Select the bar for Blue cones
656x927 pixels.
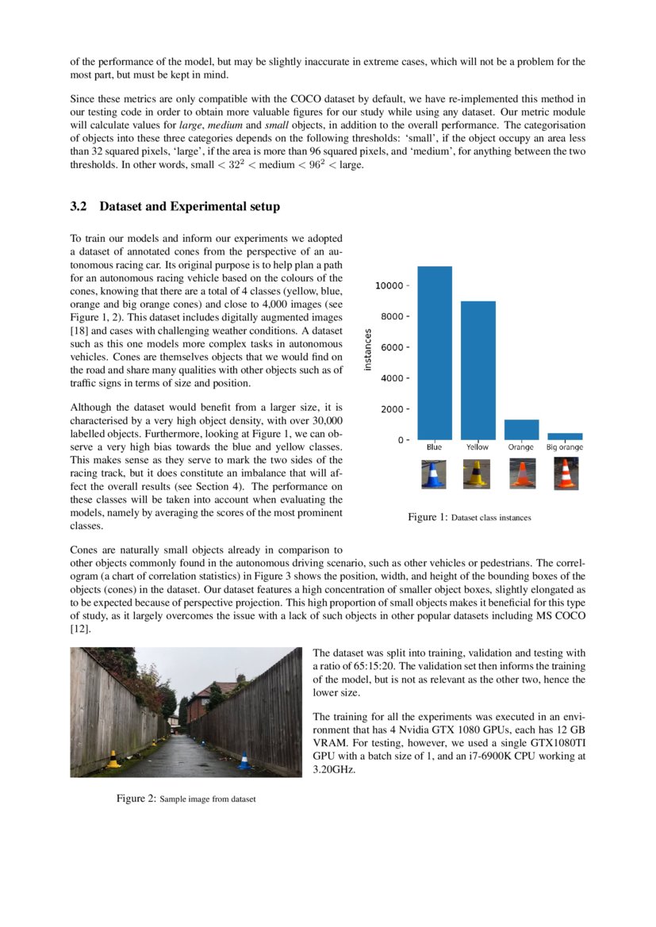(435, 353)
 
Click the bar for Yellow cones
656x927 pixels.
(478, 370)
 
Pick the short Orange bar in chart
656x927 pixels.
(521, 430)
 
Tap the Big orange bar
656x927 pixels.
(564, 436)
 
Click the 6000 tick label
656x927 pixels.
(393, 347)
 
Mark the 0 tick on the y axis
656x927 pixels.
(403, 439)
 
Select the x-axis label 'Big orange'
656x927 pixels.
(564, 448)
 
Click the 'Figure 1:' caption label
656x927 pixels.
(428, 517)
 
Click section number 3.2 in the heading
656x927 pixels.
(78, 207)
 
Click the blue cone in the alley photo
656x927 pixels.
(245, 760)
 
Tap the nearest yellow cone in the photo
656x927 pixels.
(114, 759)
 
